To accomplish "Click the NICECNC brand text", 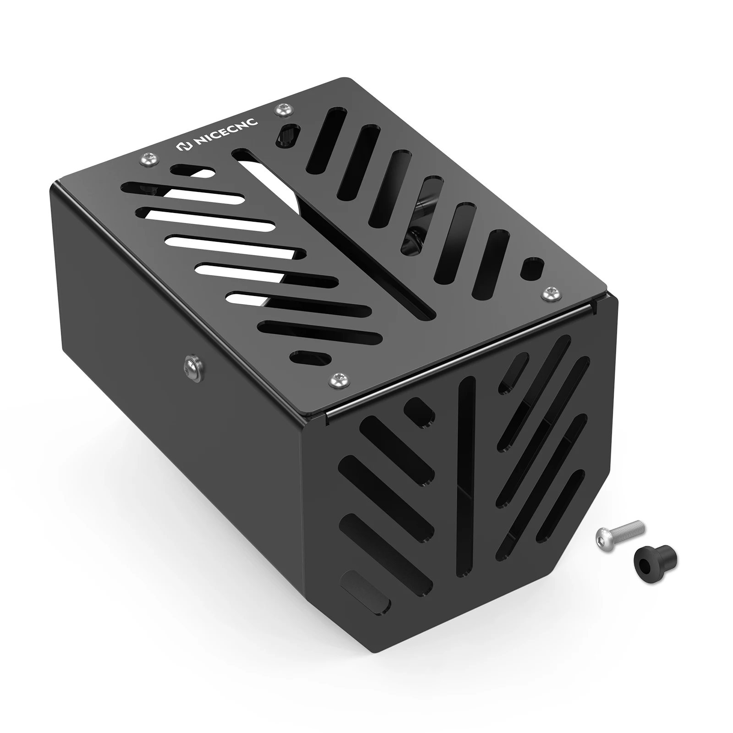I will point(227,132).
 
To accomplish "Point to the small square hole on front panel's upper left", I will point(419,410).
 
